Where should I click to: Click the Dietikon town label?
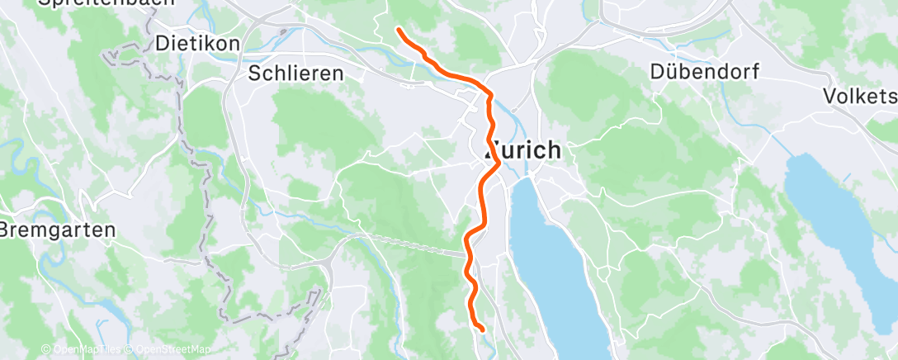(197, 43)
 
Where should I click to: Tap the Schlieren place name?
(295, 73)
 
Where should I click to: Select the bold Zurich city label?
(522, 151)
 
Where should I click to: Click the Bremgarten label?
(58, 230)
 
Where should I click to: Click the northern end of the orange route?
(399, 30)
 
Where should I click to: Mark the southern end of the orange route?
(481, 330)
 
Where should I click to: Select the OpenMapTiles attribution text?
(83, 349)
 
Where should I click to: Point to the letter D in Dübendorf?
(658, 71)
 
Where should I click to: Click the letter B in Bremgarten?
(7, 230)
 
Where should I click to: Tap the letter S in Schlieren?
(255, 73)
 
